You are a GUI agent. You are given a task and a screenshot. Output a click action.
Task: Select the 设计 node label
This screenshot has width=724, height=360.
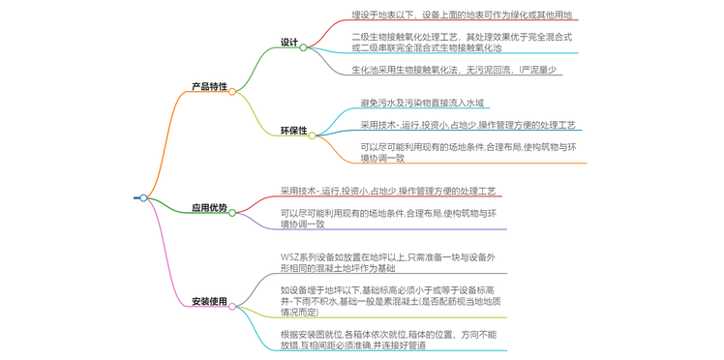[288, 44]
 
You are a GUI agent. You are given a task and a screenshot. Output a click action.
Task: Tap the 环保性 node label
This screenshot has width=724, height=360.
[293, 130]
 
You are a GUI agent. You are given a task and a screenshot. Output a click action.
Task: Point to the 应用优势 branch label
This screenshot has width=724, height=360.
[208, 208]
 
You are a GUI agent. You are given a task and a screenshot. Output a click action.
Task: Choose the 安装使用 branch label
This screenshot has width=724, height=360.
[208, 301]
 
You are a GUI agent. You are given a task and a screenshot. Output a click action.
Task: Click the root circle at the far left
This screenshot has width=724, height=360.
[143, 197]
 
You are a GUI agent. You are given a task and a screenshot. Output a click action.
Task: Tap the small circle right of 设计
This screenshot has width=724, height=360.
[303, 46]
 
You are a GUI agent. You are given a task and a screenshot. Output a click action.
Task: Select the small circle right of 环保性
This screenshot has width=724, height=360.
[314, 134]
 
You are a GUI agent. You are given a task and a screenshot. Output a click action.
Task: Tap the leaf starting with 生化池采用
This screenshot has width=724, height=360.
[454, 70]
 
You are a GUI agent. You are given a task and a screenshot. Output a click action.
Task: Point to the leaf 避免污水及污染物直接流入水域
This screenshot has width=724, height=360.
[422, 102]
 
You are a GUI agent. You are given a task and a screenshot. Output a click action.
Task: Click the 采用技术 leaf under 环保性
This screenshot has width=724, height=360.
[468, 125]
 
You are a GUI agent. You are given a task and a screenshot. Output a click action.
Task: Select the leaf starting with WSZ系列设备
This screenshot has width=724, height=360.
[387, 263]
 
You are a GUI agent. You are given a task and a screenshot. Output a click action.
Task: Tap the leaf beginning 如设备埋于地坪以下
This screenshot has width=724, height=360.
[387, 301]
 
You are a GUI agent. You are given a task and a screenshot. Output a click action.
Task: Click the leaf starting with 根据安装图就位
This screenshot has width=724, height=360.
[387, 340]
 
